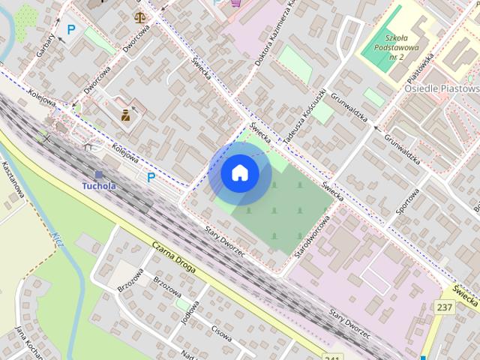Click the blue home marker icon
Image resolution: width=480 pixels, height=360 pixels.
pos(239,173)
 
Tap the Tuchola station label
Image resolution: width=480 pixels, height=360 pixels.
pos(99,185)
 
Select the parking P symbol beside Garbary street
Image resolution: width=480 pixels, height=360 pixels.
pos(71,29)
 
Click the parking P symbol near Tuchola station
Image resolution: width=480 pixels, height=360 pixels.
pos(151,178)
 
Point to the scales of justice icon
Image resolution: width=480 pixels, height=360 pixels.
pos(139,16)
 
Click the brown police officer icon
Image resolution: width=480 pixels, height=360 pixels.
pos(125,115)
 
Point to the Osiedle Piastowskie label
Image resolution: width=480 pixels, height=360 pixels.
pos(442,88)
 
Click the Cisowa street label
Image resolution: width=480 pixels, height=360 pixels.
pos(221,333)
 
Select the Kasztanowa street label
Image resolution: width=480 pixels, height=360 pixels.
pos(13,180)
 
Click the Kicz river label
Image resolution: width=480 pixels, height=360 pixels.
pos(58,240)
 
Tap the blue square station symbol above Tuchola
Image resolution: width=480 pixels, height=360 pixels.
pos(98,174)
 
